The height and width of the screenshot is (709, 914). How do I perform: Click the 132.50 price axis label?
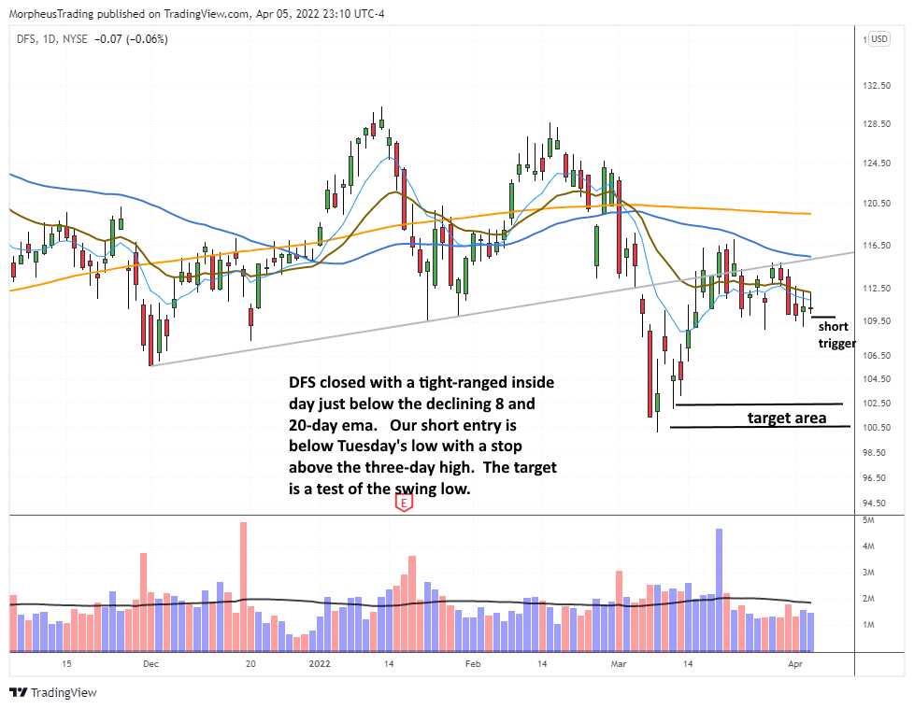(x=877, y=86)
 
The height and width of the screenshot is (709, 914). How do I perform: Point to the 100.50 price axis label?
(x=877, y=428)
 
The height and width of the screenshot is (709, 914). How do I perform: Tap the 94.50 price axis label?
(x=877, y=503)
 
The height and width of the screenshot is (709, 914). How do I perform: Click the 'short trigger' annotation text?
(x=834, y=335)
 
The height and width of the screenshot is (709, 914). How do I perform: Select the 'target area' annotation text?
(x=787, y=418)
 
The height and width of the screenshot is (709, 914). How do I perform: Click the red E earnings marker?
(x=404, y=503)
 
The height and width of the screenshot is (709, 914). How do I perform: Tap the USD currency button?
(x=878, y=38)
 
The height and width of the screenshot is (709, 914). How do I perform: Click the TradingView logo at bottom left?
(x=53, y=693)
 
